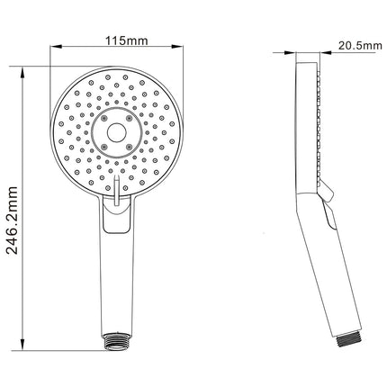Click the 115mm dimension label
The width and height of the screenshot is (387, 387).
click(126, 40)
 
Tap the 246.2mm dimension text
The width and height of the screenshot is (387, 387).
click(13, 220)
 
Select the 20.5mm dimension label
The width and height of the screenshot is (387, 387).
click(360, 46)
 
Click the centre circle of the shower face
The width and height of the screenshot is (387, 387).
click(117, 132)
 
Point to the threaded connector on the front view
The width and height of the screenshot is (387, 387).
click(116, 341)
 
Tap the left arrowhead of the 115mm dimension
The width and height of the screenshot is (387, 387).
click(56, 47)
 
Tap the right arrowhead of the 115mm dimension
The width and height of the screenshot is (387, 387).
click(176, 47)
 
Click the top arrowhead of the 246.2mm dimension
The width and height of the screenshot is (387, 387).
click(22, 73)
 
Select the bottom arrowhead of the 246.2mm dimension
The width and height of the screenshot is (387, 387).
click(22, 344)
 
